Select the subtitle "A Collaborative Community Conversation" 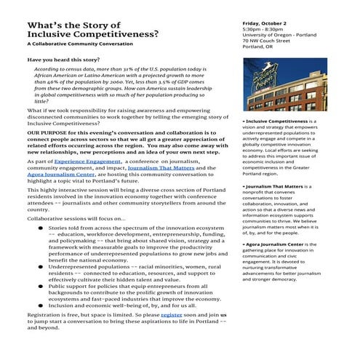(74, 44)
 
